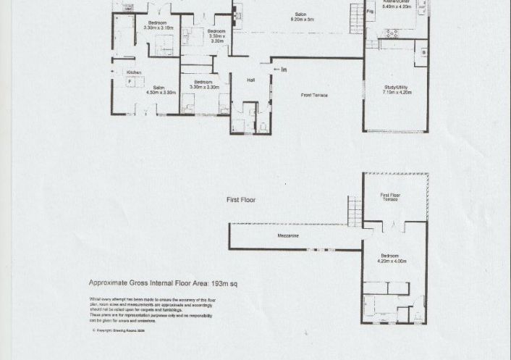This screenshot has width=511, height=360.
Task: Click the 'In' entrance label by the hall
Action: (x=283, y=70)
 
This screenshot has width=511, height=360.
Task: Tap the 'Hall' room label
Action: (x=251, y=80)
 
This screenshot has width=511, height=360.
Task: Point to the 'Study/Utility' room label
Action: (x=397, y=88)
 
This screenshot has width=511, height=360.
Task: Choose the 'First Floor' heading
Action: (x=241, y=200)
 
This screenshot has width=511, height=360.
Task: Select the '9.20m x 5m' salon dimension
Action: (x=302, y=20)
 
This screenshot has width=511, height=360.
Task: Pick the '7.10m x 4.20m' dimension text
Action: (x=397, y=93)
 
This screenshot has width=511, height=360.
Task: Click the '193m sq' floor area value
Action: (x=223, y=284)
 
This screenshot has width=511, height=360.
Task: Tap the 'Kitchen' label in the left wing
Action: (x=134, y=72)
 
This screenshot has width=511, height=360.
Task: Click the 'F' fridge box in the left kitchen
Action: (x=130, y=82)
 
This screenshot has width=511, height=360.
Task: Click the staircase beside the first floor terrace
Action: (x=354, y=211)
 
